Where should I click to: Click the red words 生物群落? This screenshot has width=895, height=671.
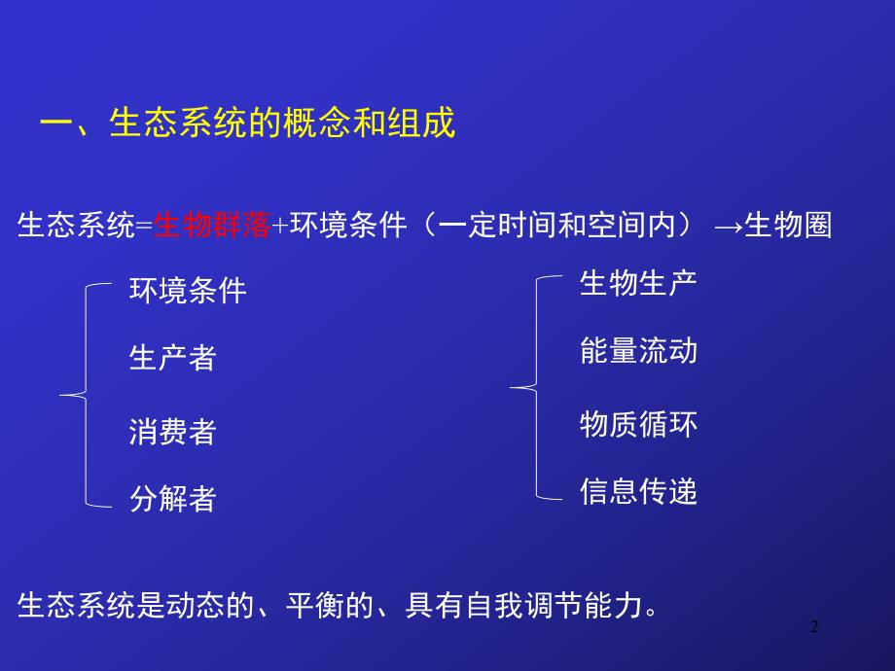tap(212, 226)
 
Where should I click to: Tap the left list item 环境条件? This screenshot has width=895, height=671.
tap(188, 290)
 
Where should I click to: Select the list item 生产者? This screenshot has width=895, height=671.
tap(172, 358)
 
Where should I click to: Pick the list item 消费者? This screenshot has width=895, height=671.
tap(172, 431)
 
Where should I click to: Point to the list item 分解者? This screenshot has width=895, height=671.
tap(172, 499)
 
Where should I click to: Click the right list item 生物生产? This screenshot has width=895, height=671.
tap(638, 283)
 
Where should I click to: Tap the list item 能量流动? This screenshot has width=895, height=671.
tap(638, 351)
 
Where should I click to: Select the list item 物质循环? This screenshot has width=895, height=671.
tap(638, 424)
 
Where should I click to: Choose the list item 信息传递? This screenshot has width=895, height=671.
tap(638, 491)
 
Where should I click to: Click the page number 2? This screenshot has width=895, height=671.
tap(815, 627)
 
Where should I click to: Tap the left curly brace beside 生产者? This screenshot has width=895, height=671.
tap(78, 395)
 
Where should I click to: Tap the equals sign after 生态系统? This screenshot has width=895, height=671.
tap(145, 227)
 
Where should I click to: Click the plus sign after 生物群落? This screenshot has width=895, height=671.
tap(279, 227)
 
